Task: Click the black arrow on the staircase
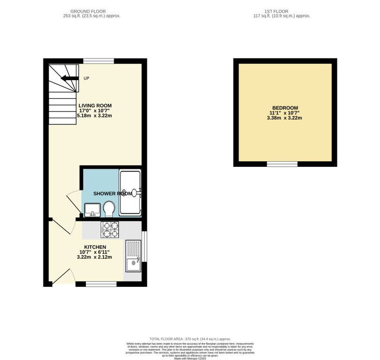[68, 79]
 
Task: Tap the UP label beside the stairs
[86, 78]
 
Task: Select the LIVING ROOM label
[95, 105]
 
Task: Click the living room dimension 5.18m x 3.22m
[95, 115]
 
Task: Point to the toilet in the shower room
[109, 209]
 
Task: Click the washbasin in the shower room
[92, 210]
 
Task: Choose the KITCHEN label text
[95, 247]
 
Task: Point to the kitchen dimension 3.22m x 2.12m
[95, 257]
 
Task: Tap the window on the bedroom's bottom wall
[282, 164]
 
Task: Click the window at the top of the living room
[99, 61]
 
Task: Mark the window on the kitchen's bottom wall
[101, 284]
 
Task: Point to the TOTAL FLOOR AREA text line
[190, 339]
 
